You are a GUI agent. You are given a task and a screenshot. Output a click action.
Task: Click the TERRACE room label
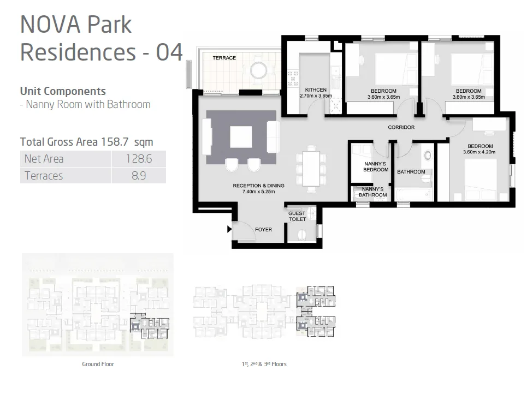pos(224,58)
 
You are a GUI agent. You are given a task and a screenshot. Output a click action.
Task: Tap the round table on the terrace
pos(258,71)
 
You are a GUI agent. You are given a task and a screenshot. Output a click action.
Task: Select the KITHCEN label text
pos(316,89)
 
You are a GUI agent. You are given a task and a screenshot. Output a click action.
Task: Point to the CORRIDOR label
pos(401,127)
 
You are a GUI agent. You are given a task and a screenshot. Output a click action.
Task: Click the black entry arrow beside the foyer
pos(229,229)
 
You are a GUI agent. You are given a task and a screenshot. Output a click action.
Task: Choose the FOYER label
pos(263,230)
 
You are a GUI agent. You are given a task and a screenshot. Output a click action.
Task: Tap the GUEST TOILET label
pos(297,216)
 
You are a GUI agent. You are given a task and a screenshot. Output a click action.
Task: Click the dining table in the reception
pos(311,169)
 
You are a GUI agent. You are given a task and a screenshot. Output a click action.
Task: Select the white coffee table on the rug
pos(241,137)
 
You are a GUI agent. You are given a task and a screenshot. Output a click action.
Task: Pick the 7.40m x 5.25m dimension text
pos(259,192)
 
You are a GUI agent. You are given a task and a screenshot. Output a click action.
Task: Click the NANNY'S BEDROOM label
pos(376,167)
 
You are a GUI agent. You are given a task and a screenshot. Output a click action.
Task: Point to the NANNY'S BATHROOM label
pos(373,192)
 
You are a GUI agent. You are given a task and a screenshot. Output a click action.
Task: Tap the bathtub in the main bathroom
pos(413,194)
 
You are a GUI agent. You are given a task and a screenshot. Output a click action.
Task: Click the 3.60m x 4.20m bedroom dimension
pos(479,152)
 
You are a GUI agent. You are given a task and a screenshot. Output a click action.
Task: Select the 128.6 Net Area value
pos(139,159)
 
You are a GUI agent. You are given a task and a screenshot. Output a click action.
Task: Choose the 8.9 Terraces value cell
pos(139,176)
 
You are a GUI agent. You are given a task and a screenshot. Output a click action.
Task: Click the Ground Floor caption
pos(98,364)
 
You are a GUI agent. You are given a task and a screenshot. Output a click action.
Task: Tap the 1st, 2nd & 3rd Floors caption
pos(264,364)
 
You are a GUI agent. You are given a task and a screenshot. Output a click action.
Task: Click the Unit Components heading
pos(63,91)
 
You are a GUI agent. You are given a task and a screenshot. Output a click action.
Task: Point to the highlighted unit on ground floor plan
pos(150,326)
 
